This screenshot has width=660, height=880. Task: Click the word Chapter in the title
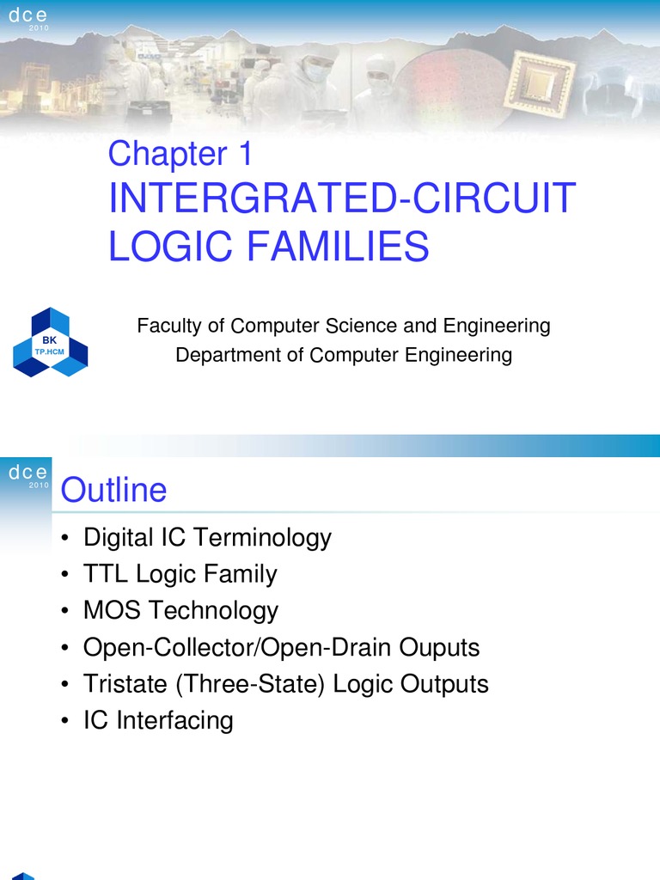point(162,155)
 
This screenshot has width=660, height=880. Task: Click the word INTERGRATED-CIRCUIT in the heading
point(341,199)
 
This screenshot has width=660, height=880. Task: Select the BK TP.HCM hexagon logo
point(50,342)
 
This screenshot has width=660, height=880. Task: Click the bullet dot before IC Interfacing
point(66,721)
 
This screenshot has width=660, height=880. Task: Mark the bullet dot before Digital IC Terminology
point(66,539)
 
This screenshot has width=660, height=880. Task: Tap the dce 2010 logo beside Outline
point(28,476)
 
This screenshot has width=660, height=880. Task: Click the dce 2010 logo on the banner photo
point(28,18)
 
